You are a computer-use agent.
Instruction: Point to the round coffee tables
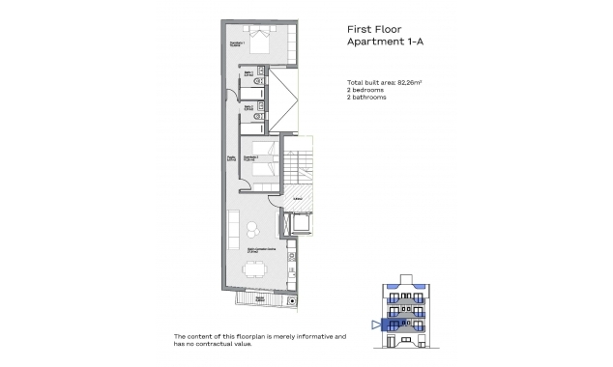pyautogui.click(x=253, y=231)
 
